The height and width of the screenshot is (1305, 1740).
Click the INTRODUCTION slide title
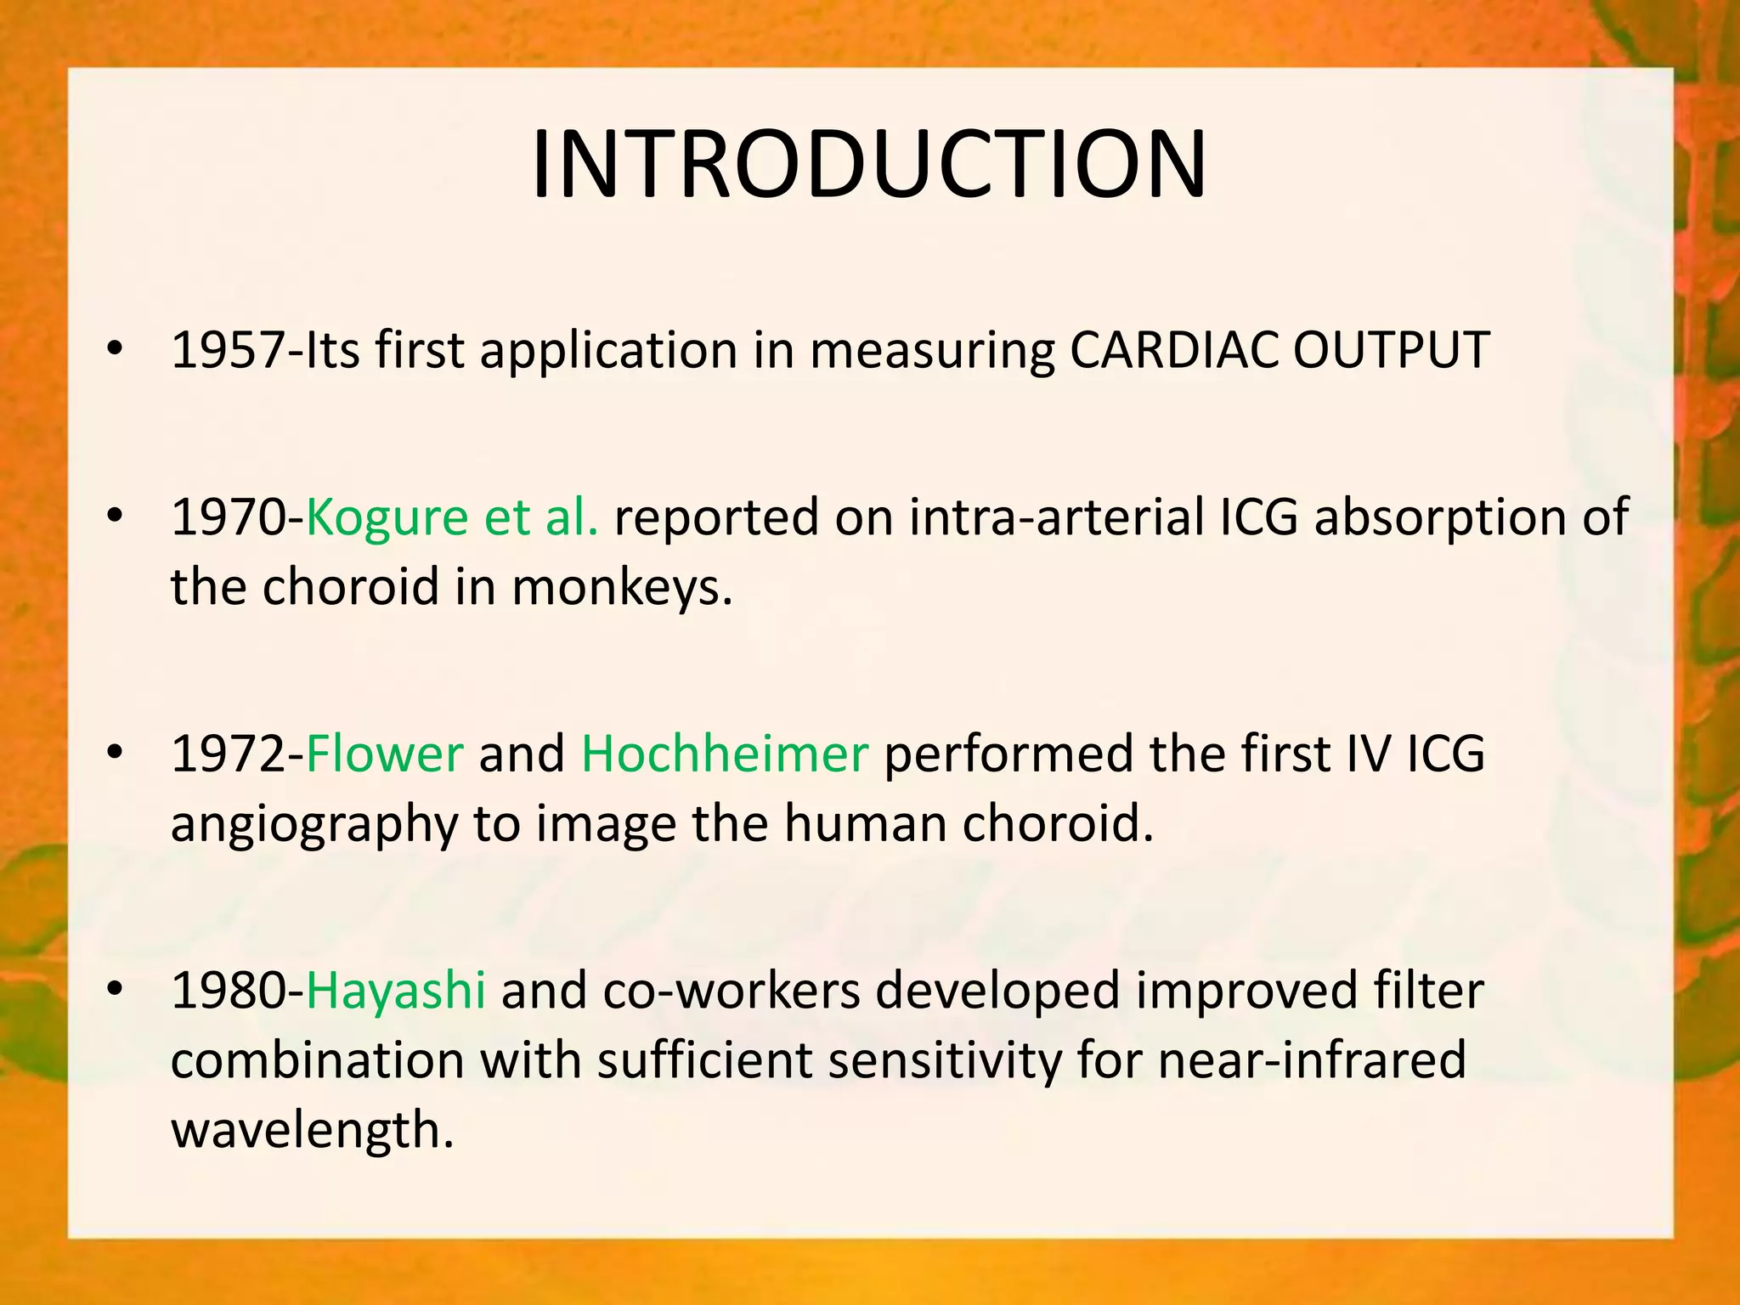868,164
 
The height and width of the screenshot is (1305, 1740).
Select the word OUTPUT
1391,350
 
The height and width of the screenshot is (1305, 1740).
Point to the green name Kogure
387,518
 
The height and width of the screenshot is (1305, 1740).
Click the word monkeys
621,587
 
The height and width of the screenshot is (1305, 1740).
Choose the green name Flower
384,754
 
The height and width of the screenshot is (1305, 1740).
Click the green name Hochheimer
725,754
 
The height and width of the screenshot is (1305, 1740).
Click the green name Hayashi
395,991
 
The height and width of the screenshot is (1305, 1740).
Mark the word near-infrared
1312,1060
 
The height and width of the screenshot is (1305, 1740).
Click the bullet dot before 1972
116,753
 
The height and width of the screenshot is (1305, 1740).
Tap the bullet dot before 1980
116,990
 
